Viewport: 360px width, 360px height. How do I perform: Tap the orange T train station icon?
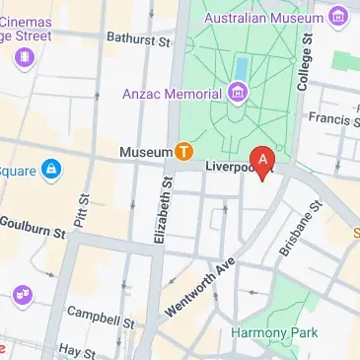pos(184,152)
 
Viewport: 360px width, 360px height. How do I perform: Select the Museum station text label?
pos(145,153)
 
